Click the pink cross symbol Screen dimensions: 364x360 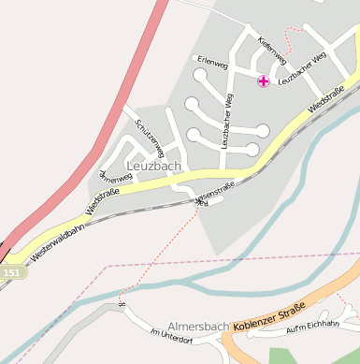[x=264, y=81]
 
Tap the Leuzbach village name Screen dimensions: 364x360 [x=152, y=166]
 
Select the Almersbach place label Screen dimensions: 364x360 [x=198, y=327]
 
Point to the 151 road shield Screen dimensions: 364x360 [x=11, y=272]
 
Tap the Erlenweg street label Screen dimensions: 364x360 [x=212, y=65]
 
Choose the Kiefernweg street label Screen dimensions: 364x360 [x=267, y=49]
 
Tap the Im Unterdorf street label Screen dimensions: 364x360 [x=169, y=333]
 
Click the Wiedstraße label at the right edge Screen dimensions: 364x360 [x=326, y=98]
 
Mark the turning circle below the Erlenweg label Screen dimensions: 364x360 [x=200, y=75]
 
